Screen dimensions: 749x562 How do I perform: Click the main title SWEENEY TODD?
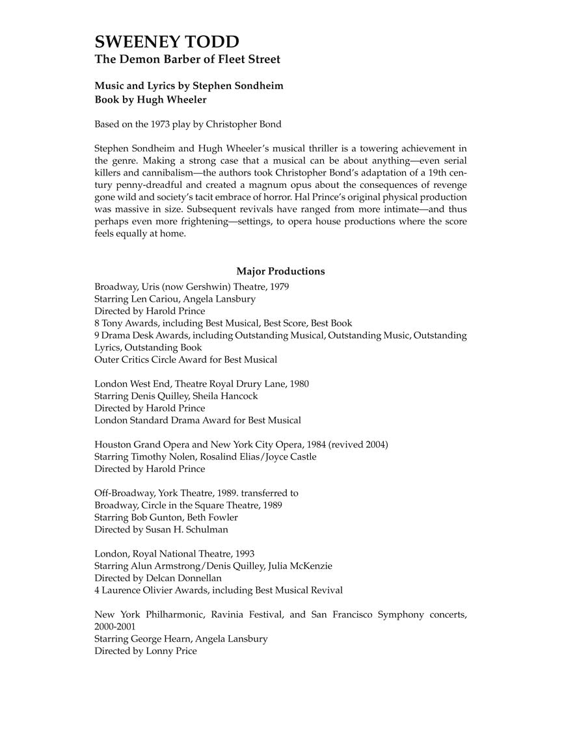click(167, 42)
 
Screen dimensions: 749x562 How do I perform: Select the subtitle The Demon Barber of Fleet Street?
click(187, 60)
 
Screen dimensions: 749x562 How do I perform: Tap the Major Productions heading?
click(280, 271)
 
